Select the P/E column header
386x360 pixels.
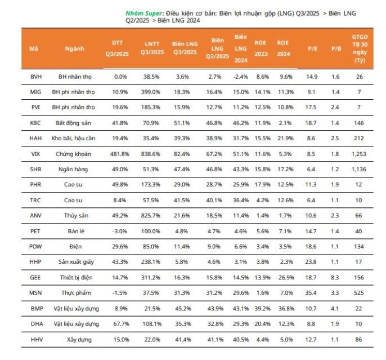[x=313, y=49]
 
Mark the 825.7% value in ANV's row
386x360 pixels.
[x=152, y=215]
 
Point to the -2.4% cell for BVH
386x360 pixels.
[x=241, y=75]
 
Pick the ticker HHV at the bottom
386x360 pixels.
[x=33, y=340]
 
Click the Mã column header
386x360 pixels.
[x=33, y=49]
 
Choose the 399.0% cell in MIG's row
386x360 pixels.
[x=152, y=91]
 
